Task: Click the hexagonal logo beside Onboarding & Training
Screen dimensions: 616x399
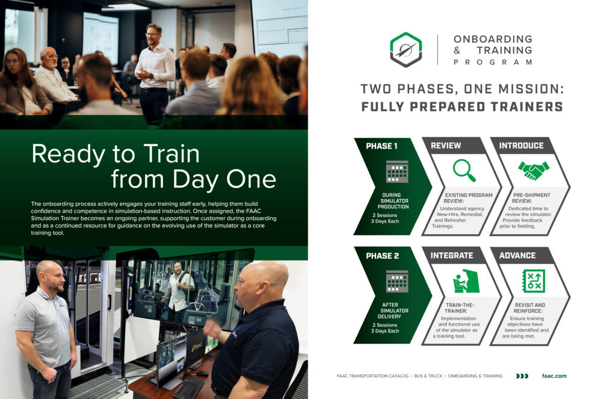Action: pyautogui.click(x=406, y=49)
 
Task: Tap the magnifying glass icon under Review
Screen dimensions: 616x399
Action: pyautogui.click(x=464, y=170)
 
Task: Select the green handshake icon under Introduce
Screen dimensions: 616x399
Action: pyautogui.click(x=534, y=170)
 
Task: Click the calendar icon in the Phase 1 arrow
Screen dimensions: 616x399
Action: pyautogui.click(x=397, y=172)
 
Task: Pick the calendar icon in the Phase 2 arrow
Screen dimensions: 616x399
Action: pyautogui.click(x=397, y=281)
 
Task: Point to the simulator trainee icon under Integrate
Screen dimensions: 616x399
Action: pyautogui.click(x=466, y=280)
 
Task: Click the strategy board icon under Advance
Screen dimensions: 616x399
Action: pyautogui.click(x=534, y=281)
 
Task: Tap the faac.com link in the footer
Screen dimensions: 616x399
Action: pyautogui.click(x=554, y=376)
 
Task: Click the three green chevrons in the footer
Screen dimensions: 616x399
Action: pyautogui.click(x=522, y=376)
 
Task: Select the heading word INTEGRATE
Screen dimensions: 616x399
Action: pyautogui.click(x=452, y=256)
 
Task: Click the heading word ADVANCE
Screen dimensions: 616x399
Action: pyautogui.click(x=517, y=256)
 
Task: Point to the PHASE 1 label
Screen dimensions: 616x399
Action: pyautogui.click(x=381, y=146)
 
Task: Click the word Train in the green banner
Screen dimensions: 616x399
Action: pyautogui.click(x=171, y=153)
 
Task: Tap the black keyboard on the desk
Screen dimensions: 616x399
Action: pyautogui.click(x=188, y=387)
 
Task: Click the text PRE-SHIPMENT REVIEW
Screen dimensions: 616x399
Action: pyautogui.click(x=532, y=198)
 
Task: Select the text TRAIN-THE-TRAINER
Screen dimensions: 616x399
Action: pyautogui.click(x=459, y=308)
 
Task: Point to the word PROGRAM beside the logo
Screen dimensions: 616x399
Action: pyautogui.click(x=493, y=62)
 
